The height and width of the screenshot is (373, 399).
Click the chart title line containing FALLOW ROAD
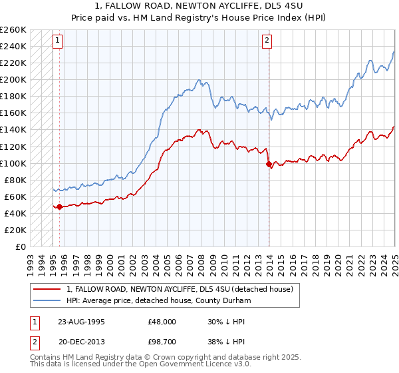point(199,7)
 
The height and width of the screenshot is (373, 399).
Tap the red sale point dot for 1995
point(60,206)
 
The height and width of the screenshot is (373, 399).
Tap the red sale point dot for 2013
point(269,164)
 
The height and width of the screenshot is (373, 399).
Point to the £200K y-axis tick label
point(13,79)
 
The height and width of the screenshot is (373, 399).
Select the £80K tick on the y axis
point(15,180)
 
